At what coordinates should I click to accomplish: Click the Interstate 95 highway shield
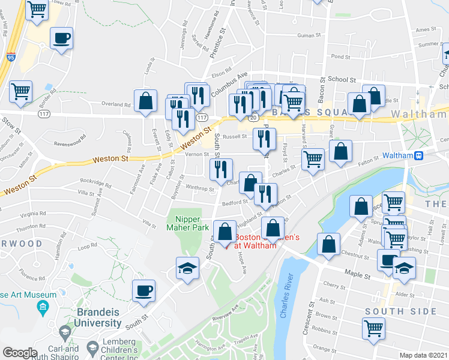11,57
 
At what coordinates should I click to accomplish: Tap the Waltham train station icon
420,155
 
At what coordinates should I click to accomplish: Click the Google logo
20,352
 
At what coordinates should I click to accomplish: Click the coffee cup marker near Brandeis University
144,291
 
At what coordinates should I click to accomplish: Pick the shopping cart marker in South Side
373,329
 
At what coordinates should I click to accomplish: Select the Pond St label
340,57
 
